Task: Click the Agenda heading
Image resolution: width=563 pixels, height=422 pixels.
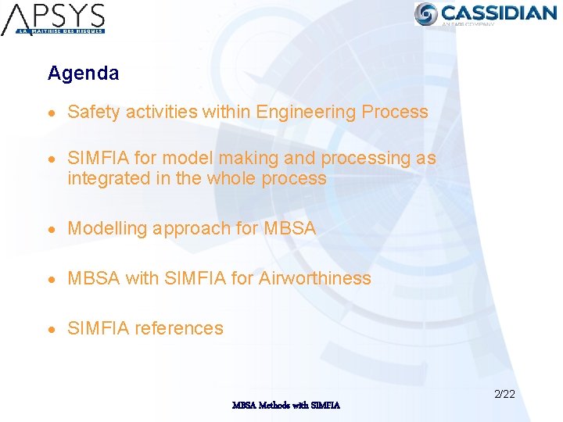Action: coord(83,73)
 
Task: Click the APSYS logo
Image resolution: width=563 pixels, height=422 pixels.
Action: coord(53,19)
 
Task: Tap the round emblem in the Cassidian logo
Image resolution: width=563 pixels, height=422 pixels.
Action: coord(426,13)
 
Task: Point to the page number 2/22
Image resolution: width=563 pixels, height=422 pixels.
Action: coord(504,394)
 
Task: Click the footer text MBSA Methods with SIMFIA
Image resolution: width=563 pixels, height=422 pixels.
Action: coord(286,405)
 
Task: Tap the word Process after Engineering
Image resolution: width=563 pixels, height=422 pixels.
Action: coord(395,112)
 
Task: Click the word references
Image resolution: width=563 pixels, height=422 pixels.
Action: coord(179,328)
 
